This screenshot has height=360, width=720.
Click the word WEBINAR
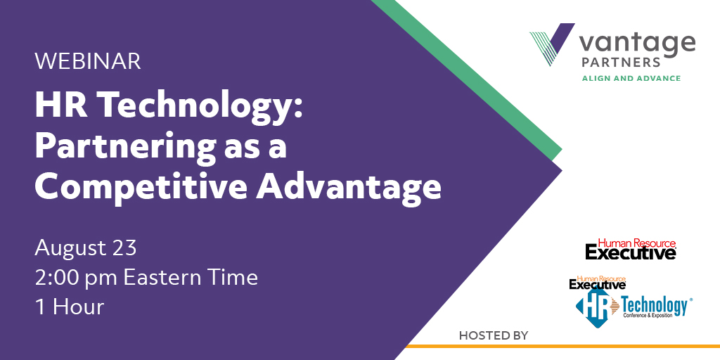tap(88, 62)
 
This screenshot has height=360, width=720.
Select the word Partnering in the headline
tap(125, 148)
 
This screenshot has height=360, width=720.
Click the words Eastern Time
tap(191, 277)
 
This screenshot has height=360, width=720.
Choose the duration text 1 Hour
tap(70, 307)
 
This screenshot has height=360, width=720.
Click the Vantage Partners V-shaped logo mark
tap(553, 44)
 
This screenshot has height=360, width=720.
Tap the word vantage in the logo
tap(637, 44)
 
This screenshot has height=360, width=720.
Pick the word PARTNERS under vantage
tap(621, 62)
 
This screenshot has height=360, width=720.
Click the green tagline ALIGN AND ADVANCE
tap(631, 79)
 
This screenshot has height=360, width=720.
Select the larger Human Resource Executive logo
tap(631, 250)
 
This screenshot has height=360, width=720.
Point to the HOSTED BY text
tap(494, 335)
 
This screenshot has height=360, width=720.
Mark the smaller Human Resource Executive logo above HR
tap(598, 283)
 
